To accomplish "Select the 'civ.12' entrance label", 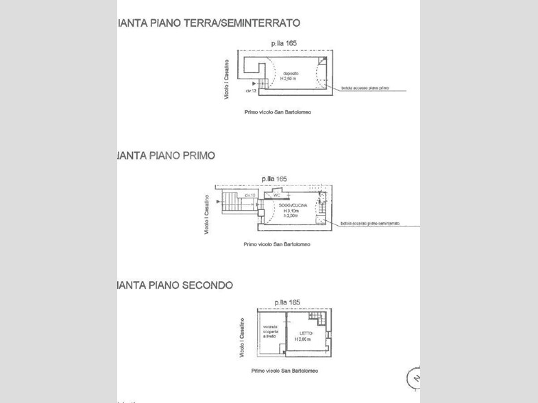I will pos(250,90).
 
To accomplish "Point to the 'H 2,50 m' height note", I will pos(289,79).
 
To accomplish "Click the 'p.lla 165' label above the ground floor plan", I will pos(283,43).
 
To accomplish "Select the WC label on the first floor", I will pos(278,196).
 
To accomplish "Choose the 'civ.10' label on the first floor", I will pos(251,196).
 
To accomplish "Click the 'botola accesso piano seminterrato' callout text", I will pos(370,224).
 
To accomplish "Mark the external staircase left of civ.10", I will pos(231,203).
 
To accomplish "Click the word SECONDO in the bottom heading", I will pos(208,285).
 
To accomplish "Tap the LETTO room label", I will pos(305,333).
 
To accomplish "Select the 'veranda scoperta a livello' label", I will pos(270,333).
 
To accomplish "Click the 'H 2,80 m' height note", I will pos(304,339).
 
